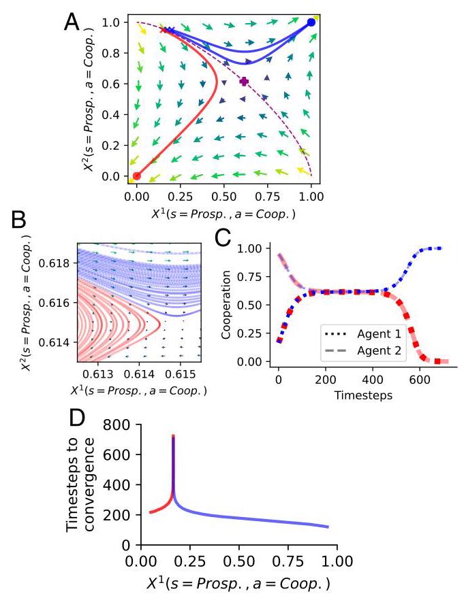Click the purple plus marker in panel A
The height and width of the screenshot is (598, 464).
(244, 82)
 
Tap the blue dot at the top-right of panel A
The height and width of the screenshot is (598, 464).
(311, 22)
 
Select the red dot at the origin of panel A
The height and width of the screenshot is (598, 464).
(137, 176)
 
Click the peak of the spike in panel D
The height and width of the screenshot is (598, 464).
(173, 435)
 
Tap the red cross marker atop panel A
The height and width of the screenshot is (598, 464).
(163, 30)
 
